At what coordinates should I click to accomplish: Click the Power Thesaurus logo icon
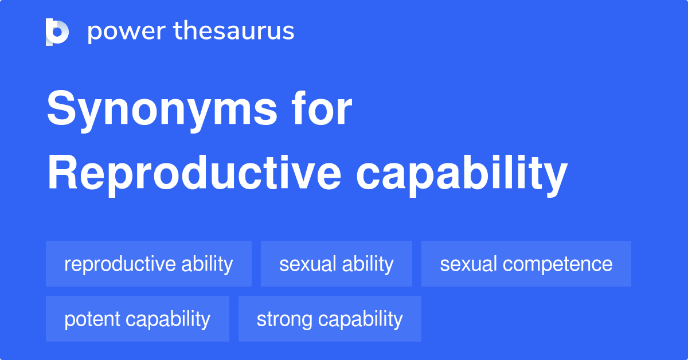click(57, 32)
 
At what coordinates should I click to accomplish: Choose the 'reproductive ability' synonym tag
click(148, 264)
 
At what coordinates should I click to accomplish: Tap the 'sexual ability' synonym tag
click(337, 264)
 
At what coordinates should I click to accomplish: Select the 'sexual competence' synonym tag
click(526, 264)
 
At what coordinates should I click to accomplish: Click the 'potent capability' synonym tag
click(137, 319)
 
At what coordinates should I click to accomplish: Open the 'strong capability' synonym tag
click(330, 319)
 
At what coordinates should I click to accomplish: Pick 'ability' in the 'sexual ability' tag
click(368, 264)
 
